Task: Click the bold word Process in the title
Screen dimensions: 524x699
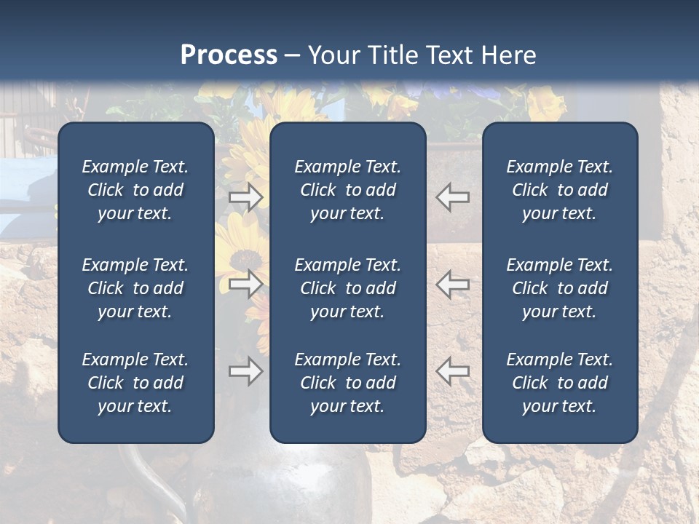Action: (x=229, y=55)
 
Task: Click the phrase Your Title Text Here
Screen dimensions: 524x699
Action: (x=422, y=55)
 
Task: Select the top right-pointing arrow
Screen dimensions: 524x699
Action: (x=245, y=196)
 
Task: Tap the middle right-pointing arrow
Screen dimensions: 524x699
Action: (x=245, y=284)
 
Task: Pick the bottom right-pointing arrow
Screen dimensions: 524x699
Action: (x=245, y=371)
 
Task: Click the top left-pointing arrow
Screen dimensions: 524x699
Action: (x=453, y=196)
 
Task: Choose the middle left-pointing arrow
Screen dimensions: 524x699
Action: (x=453, y=284)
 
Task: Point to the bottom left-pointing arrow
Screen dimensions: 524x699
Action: (x=453, y=371)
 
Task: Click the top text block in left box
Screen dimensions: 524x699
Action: (x=135, y=190)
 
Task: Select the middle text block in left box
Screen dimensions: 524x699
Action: (x=135, y=288)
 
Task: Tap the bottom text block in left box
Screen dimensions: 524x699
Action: (x=135, y=383)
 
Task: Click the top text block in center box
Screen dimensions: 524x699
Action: (x=347, y=190)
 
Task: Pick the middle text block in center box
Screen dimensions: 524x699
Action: (x=347, y=288)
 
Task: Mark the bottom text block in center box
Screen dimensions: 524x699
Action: (x=347, y=383)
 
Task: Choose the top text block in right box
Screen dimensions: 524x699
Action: (x=559, y=190)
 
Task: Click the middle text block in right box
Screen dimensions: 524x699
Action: (x=559, y=288)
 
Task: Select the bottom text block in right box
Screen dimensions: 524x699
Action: (x=559, y=383)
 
